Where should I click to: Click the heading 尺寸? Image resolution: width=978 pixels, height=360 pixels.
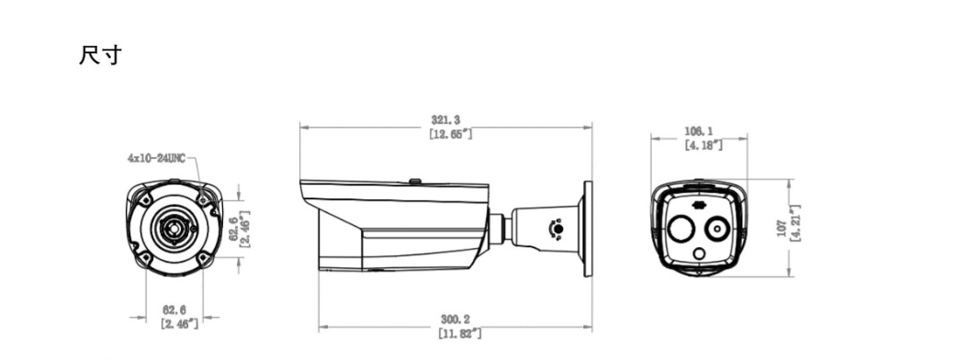(100, 55)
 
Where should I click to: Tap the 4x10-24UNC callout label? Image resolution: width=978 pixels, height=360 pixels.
(156, 159)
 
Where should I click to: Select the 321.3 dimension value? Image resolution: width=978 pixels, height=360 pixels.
(445, 119)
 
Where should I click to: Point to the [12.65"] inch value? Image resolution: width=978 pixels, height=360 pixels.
(450, 133)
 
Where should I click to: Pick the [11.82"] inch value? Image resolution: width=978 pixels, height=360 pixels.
(460, 333)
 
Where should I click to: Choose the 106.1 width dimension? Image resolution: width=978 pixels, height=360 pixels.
(699, 131)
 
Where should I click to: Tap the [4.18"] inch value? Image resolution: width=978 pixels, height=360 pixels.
(703, 145)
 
